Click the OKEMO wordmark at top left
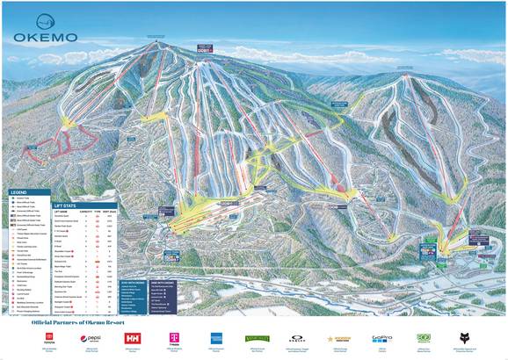point(45,38)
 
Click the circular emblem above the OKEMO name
point(44,19)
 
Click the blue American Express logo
point(215,338)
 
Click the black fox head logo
point(465,338)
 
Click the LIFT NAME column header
point(61,211)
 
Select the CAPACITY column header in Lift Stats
point(84,211)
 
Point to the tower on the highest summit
point(156,40)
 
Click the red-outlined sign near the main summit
point(206,47)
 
